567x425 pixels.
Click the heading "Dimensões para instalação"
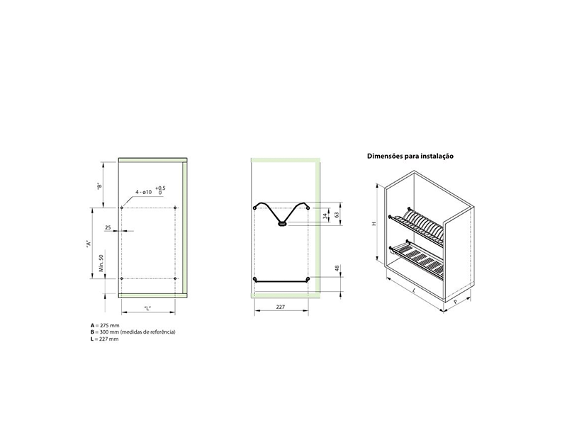click(x=410, y=156)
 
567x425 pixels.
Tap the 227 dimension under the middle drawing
click(x=281, y=307)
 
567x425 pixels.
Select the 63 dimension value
click(x=337, y=215)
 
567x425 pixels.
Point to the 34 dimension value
click(x=325, y=216)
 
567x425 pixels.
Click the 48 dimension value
click(x=337, y=268)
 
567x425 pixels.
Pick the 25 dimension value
click(x=108, y=227)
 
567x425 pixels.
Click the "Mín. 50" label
click(x=101, y=263)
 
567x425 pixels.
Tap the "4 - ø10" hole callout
click(x=144, y=192)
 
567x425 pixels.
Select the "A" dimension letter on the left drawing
click(x=88, y=243)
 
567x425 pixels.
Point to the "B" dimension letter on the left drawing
click(x=99, y=186)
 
